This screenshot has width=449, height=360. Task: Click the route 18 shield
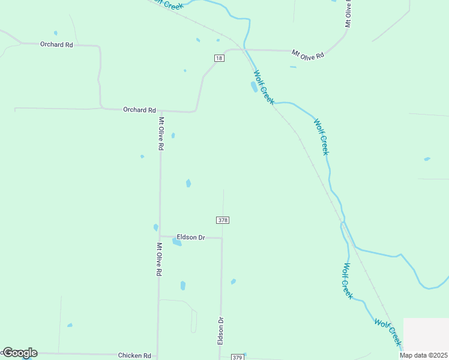coord(219,58)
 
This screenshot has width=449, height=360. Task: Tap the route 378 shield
coord(223,220)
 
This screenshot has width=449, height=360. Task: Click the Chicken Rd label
coord(134,356)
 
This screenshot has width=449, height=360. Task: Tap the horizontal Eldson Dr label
coord(191,238)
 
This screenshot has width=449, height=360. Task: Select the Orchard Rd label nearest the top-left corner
coord(56,44)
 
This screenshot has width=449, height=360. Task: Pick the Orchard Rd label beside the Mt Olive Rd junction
coord(139,110)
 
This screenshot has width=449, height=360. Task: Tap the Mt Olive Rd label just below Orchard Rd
coord(160,133)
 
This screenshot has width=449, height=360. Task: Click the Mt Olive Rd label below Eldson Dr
coord(159,259)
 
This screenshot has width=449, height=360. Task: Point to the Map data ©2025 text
coord(424,355)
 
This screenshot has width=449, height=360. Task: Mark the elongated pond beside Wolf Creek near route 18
coord(254,87)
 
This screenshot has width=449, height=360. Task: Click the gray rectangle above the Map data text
coord(426,334)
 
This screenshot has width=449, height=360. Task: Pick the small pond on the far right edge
coord(427,159)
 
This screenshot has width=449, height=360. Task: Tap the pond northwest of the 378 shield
coord(188,183)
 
